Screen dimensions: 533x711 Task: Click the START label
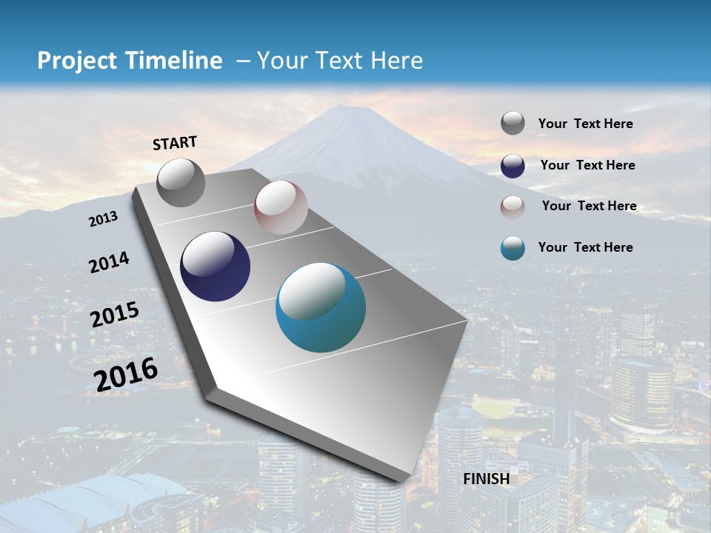[x=175, y=143]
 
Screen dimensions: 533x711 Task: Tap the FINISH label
[x=486, y=479]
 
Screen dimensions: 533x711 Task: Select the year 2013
[x=104, y=219]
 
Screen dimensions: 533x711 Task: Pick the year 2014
[x=110, y=262]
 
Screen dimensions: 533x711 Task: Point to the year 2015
[x=115, y=315]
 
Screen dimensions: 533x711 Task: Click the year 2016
[x=126, y=374]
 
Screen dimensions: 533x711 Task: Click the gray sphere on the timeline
[x=181, y=182]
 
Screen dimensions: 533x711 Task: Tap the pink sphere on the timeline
[x=281, y=207]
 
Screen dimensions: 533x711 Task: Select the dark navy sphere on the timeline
[x=216, y=266]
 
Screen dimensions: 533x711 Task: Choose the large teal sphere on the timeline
[x=321, y=307]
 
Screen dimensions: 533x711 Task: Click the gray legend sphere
[x=513, y=124]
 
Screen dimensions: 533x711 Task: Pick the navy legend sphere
[x=513, y=166]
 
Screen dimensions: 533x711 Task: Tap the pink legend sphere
[x=513, y=207]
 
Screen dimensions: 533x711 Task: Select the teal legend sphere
[x=513, y=248]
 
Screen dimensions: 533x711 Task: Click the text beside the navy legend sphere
[x=587, y=165]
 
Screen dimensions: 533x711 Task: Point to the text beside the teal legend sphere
[x=585, y=247]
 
